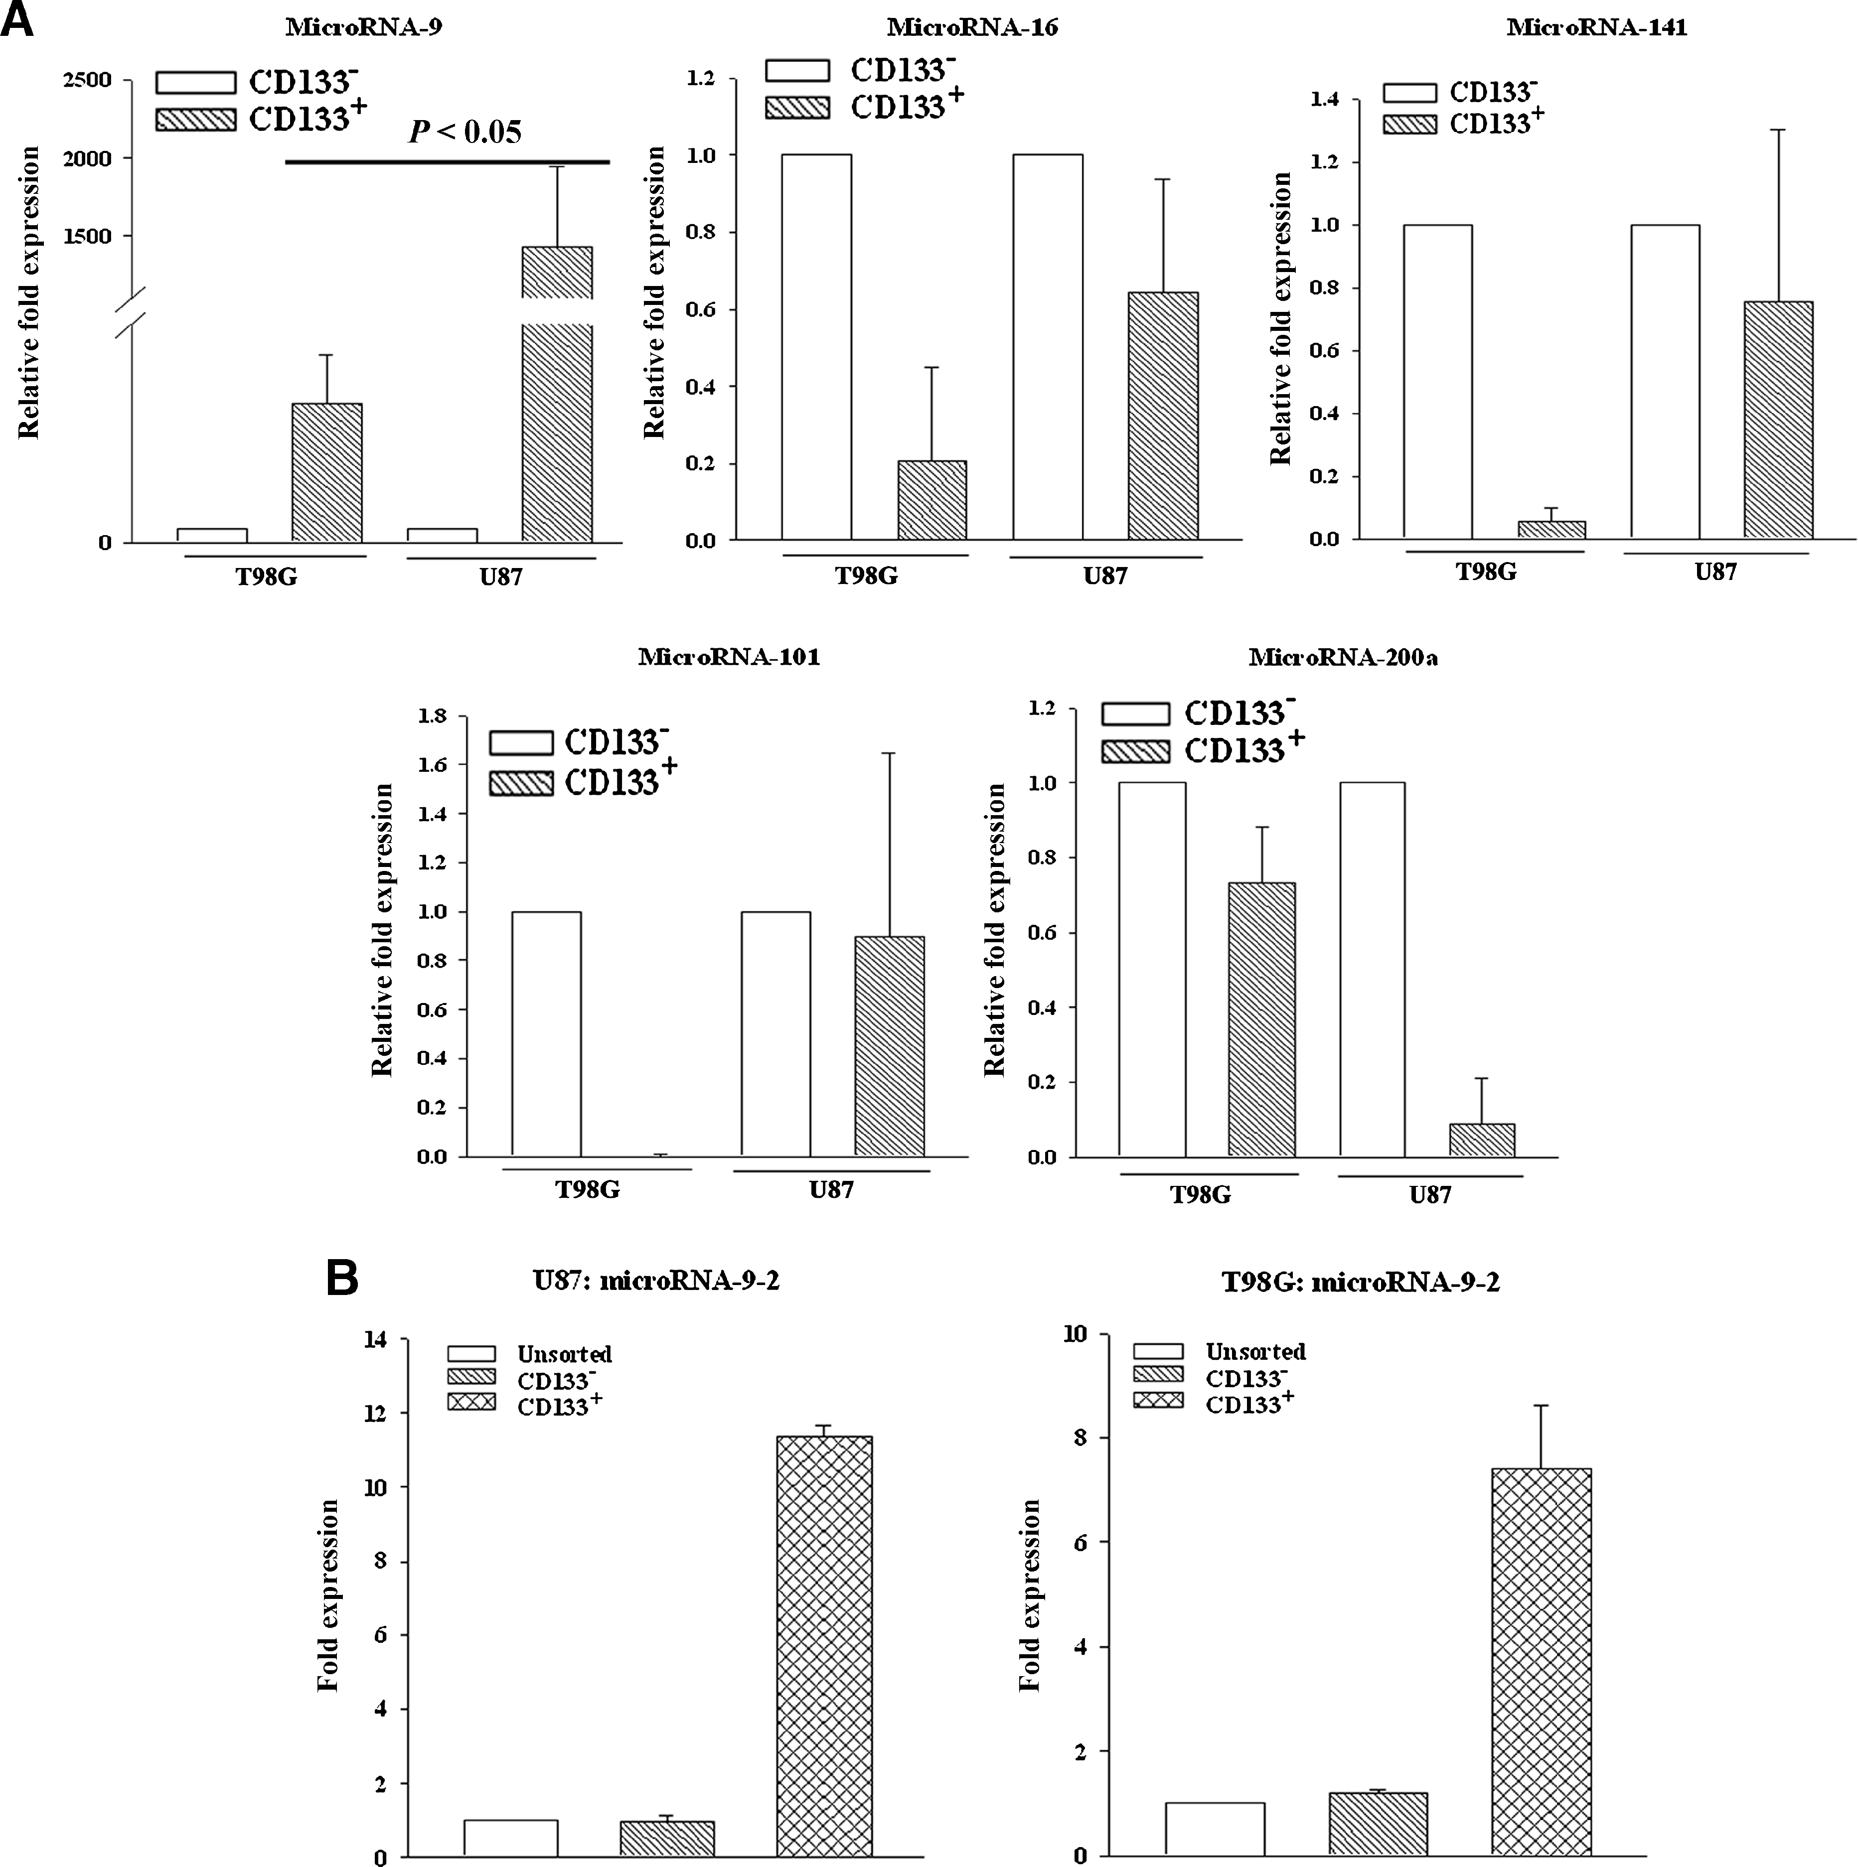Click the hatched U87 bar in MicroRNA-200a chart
[x=1481, y=1141]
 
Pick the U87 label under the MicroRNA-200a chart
[x=1430, y=1195]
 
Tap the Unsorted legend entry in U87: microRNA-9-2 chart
[x=564, y=1354]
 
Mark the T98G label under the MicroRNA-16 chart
[x=866, y=576]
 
